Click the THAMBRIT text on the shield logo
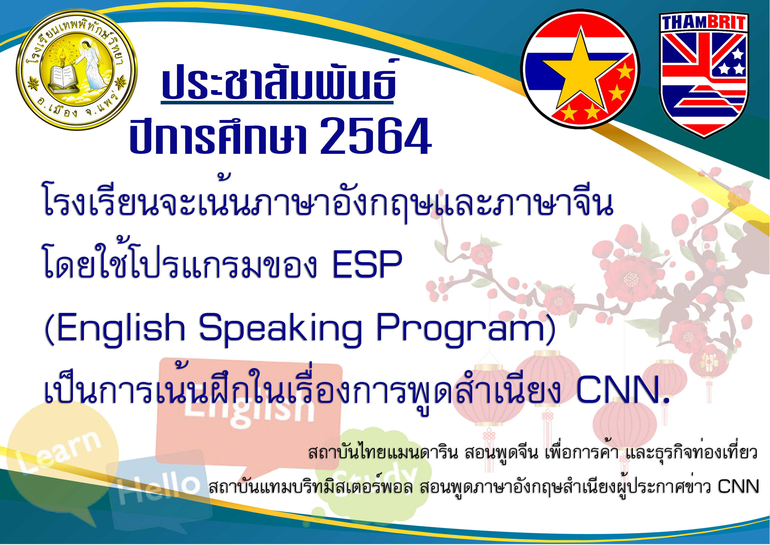coord(703,23)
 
